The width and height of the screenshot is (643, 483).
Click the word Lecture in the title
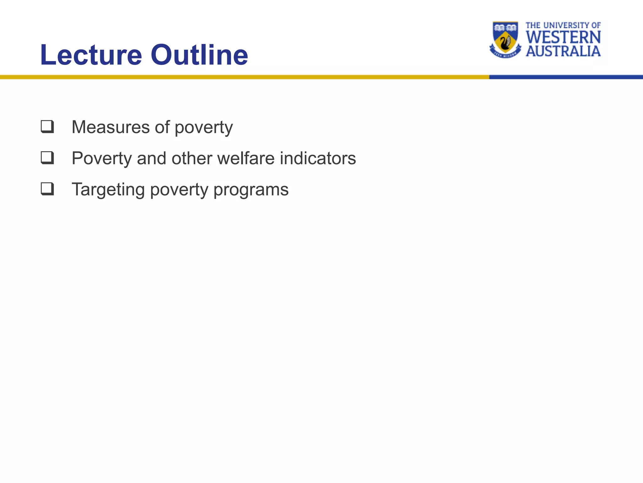(91, 55)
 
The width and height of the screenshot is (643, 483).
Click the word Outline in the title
(199, 55)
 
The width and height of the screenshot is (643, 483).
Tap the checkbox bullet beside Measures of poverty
(47, 127)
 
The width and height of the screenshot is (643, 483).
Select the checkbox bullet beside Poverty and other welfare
(47, 158)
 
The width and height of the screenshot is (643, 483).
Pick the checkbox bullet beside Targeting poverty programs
(47, 189)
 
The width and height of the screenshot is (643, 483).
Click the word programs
(251, 190)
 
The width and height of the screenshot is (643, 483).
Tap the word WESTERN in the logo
(563, 37)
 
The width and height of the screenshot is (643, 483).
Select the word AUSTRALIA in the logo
(563, 51)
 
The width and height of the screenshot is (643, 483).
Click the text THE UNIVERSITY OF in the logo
(563, 25)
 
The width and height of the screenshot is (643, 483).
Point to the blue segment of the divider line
(565, 77)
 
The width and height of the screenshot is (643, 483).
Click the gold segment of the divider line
(245, 77)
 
